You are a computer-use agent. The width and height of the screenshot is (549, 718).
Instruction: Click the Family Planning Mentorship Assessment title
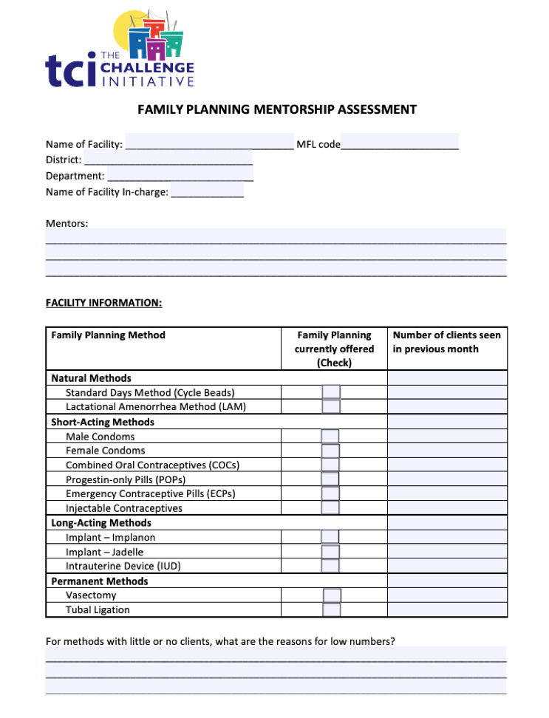click(277, 110)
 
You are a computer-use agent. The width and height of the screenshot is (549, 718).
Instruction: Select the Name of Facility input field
click(209, 143)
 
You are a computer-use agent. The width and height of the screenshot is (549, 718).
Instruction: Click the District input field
click(168, 160)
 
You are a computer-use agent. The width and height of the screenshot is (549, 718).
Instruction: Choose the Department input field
click(180, 176)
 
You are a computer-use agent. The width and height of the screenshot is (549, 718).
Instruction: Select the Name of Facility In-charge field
click(207, 192)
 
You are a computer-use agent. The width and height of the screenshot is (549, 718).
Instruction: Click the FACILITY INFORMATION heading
click(103, 303)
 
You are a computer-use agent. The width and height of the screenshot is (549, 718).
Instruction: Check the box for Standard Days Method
click(331, 392)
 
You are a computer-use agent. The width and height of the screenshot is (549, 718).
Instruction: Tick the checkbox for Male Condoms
click(330, 437)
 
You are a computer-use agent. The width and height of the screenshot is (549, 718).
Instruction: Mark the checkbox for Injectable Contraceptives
click(330, 508)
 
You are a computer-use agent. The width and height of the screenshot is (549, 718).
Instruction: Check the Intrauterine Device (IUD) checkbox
click(330, 566)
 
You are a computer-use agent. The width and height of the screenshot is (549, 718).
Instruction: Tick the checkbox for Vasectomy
click(332, 595)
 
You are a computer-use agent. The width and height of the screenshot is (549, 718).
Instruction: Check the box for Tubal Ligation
click(332, 610)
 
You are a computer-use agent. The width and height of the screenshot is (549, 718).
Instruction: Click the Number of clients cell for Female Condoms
click(447, 451)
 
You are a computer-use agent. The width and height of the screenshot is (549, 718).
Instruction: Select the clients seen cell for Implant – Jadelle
click(447, 552)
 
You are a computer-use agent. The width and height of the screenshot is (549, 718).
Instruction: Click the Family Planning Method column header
click(108, 335)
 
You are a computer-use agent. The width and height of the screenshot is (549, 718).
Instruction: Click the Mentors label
click(67, 223)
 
